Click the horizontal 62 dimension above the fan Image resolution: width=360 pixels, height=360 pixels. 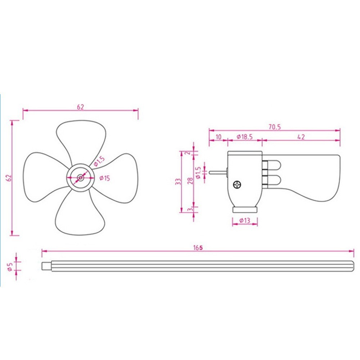tap(80, 107)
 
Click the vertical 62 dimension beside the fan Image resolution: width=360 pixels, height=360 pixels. tap(10, 178)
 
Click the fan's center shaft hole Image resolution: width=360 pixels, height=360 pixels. tap(80, 177)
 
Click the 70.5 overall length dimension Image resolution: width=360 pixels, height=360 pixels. tap(275, 127)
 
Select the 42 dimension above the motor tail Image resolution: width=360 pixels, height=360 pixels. tap(301, 137)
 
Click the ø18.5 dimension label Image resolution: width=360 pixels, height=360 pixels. tap(245, 137)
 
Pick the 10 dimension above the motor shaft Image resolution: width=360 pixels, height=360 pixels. tap(218, 137)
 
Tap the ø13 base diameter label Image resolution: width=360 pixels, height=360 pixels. tap(245, 221)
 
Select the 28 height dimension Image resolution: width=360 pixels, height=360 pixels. tap(190, 180)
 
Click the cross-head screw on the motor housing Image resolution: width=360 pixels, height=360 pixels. tap(237, 185)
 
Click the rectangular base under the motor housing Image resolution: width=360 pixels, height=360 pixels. tap(245, 210)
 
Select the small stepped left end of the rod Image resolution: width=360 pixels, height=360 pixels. tap(46, 266)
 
